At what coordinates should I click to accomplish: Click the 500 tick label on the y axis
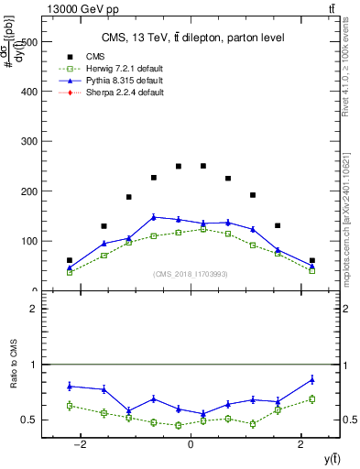29,42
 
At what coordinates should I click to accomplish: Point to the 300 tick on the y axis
29,142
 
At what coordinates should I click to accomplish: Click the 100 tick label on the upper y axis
29,241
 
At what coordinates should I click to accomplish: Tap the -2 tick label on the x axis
80,444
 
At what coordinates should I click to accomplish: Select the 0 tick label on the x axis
190,444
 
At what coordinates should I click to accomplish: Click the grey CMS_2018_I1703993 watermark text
190,273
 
